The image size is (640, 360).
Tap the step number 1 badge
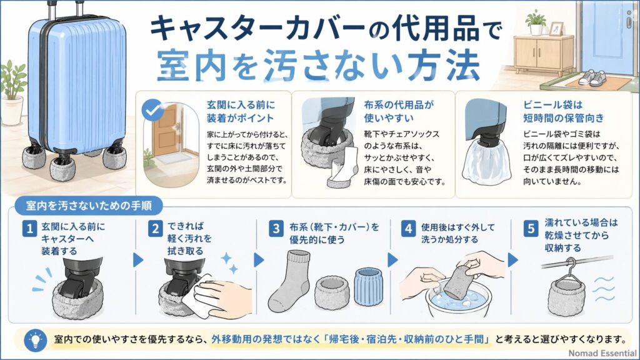click(x=27, y=229)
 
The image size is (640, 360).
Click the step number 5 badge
click(x=531, y=229)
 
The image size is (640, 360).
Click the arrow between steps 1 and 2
click(x=138, y=259)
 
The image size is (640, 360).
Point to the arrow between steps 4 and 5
click(x=514, y=259)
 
